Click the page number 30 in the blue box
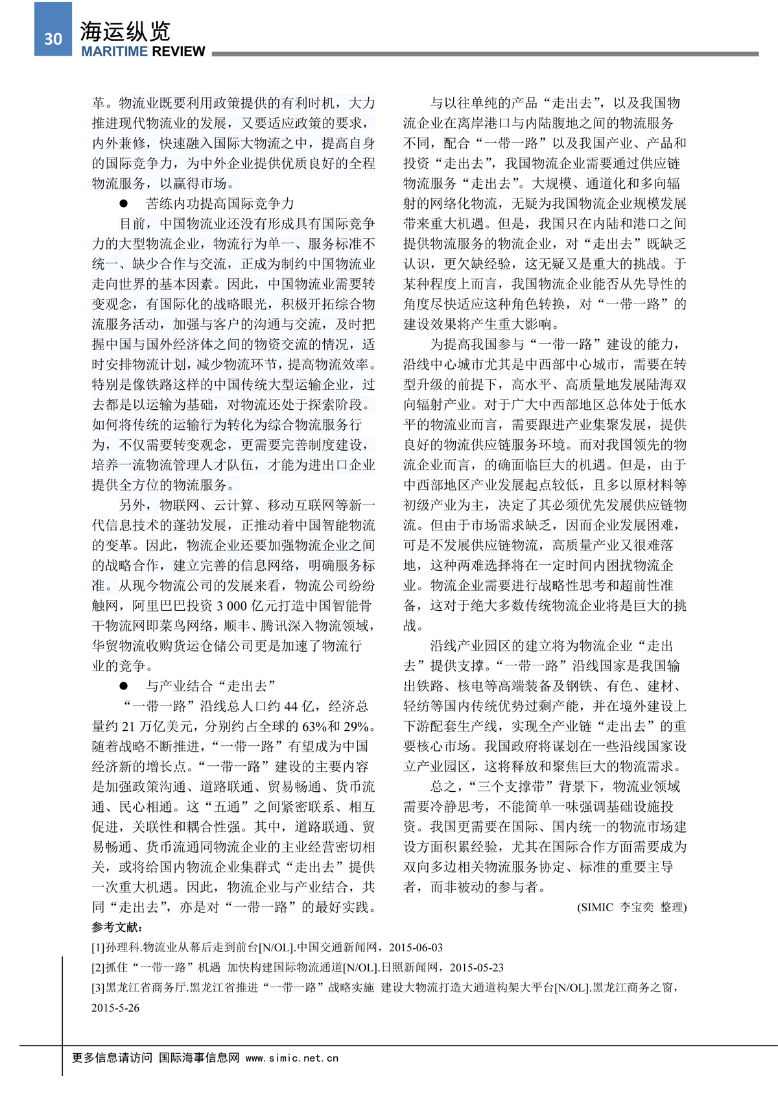pos(53,39)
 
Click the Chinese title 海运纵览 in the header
pos(125,31)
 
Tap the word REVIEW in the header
pos(180,52)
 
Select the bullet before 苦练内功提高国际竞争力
pos(123,204)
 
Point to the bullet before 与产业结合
pos(123,686)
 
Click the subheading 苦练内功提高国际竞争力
pos(220,204)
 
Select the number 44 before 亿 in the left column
pos(290,706)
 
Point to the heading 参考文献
pos(117,927)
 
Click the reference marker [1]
pos(98,947)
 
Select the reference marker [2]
pos(98,968)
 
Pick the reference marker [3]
pos(98,988)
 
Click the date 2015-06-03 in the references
pos(416,947)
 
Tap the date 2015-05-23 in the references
pos(477,968)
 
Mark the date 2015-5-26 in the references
pos(115,1008)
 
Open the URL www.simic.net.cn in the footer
pos(292,1058)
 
